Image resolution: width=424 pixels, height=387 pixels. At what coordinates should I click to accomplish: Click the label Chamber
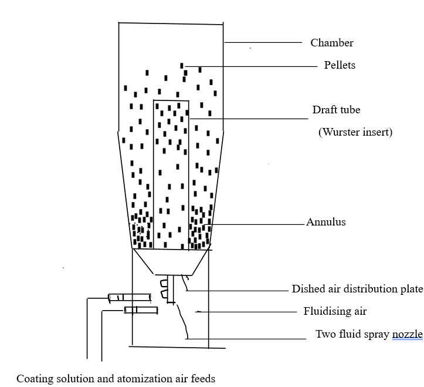[332, 43]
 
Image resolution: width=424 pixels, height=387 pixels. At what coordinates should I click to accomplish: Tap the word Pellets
[340, 65]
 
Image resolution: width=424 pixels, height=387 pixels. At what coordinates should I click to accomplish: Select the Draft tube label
[336, 110]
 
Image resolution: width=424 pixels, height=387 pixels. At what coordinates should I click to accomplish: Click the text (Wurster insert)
[355, 132]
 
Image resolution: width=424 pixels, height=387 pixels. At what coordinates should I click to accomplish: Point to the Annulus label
[326, 222]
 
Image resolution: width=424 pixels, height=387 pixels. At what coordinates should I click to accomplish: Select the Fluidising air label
[335, 311]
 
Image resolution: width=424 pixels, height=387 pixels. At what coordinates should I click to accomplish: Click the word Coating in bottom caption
[33, 379]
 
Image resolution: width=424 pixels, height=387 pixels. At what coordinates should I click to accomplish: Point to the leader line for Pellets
[252, 66]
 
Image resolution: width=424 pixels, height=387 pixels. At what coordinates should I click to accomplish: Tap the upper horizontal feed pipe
[130, 297]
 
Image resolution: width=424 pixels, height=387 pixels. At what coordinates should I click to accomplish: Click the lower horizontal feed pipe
[141, 310]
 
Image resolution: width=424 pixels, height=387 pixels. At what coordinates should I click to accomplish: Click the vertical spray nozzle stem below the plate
[171, 289]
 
